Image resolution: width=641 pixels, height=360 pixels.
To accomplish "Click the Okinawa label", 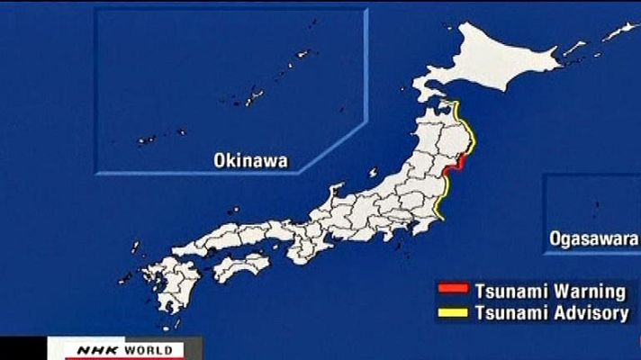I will click(250, 160).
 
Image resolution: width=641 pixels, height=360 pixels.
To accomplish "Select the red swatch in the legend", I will click(453, 291).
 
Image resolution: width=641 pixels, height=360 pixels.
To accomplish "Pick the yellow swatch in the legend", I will click(453, 313).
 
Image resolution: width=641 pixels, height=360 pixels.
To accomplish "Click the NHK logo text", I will click(73, 349).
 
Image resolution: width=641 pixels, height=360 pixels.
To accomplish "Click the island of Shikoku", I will click(239, 266).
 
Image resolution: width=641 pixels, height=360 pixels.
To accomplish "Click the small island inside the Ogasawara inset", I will click(595, 207).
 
